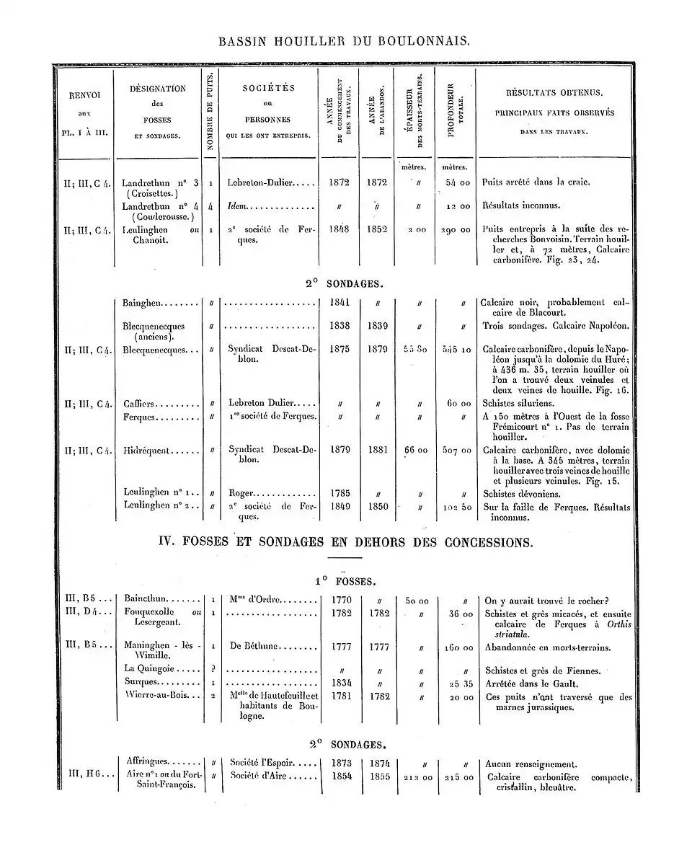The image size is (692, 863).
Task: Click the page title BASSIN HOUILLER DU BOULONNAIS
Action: pos(345,41)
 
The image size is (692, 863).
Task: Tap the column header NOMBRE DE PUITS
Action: pos(210,111)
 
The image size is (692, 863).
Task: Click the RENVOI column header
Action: pos(84,112)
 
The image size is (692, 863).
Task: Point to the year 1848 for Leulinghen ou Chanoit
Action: pos(339,229)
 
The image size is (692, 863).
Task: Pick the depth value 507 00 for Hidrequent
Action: pos(456,451)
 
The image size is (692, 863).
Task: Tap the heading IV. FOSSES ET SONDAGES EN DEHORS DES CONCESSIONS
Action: pos(346,541)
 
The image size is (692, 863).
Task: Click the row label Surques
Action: pos(141,683)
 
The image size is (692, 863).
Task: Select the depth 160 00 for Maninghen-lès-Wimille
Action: pos(456,647)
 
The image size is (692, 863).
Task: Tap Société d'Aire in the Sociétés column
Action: pos(263,776)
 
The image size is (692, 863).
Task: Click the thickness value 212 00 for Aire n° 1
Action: pos(417,777)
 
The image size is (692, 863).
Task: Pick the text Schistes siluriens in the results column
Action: pos(519,404)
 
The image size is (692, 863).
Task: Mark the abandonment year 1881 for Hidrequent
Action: pos(378,450)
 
